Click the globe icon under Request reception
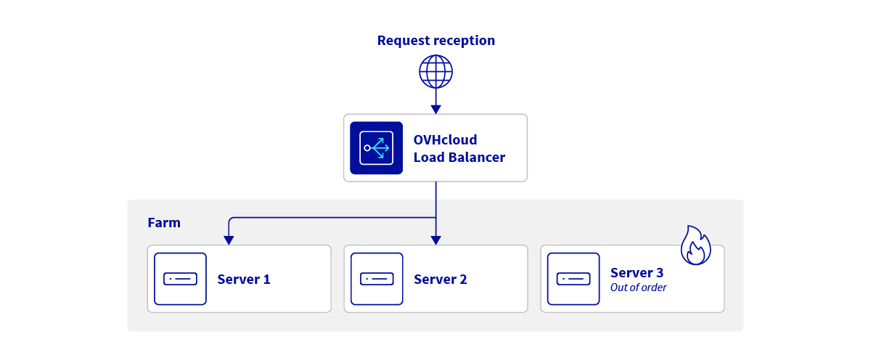435,71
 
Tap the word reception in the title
466,41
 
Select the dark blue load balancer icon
376,148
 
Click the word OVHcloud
445,139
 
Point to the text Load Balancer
459,157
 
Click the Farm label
164,223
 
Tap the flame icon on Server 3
695,246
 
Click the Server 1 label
244,280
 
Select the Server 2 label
441,280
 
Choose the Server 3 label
637,273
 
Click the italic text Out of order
638,287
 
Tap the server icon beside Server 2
377,279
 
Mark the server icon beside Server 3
573,279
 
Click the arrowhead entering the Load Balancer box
435,109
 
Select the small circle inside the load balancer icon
367,148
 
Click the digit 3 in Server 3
658,273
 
